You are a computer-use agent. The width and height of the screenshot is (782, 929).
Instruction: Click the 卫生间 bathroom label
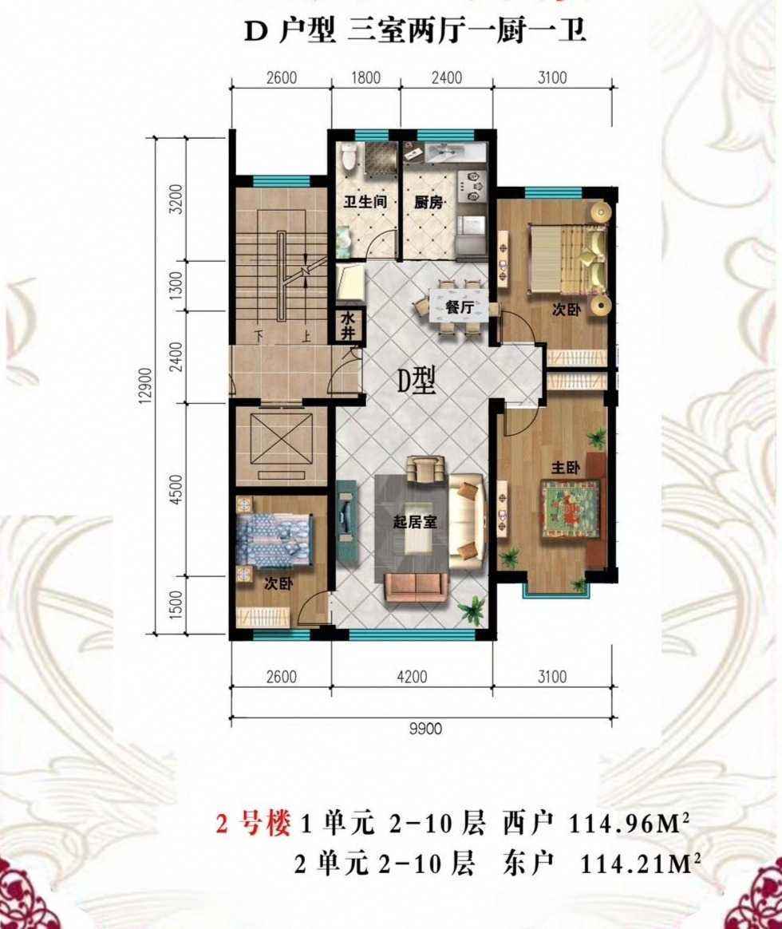coord(365,202)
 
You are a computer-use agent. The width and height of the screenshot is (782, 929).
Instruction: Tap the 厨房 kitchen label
coord(429,202)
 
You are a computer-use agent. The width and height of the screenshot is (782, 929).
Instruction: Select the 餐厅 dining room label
coord(459,307)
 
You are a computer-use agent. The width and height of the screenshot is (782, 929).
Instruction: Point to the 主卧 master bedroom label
coord(565,468)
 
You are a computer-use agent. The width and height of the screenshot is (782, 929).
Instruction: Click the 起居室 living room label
coord(415,522)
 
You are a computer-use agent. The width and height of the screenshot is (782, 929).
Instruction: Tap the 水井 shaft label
coord(347,326)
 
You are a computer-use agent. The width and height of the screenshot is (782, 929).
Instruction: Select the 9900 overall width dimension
coord(425,728)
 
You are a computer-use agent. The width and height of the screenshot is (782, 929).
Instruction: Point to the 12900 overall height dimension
coord(146,387)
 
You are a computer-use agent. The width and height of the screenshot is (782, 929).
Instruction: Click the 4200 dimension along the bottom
coord(411,677)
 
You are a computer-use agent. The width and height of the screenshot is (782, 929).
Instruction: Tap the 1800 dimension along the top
coord(365,77)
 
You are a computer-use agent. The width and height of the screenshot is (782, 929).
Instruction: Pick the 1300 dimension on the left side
coord(176,286)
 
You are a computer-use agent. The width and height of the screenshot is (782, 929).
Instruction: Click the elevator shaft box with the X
coord(282,441)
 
